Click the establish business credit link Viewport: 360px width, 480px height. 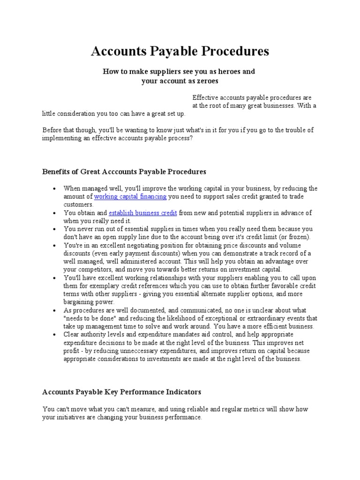click(142, 213)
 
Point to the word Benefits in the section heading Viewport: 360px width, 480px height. click(57, 172)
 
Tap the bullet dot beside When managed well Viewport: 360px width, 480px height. click(54, 188)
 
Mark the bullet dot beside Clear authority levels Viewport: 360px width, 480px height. click(54, 335)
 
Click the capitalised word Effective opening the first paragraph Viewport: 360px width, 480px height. click(204, 97)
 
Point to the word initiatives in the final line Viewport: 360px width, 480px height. click(71, 417)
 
